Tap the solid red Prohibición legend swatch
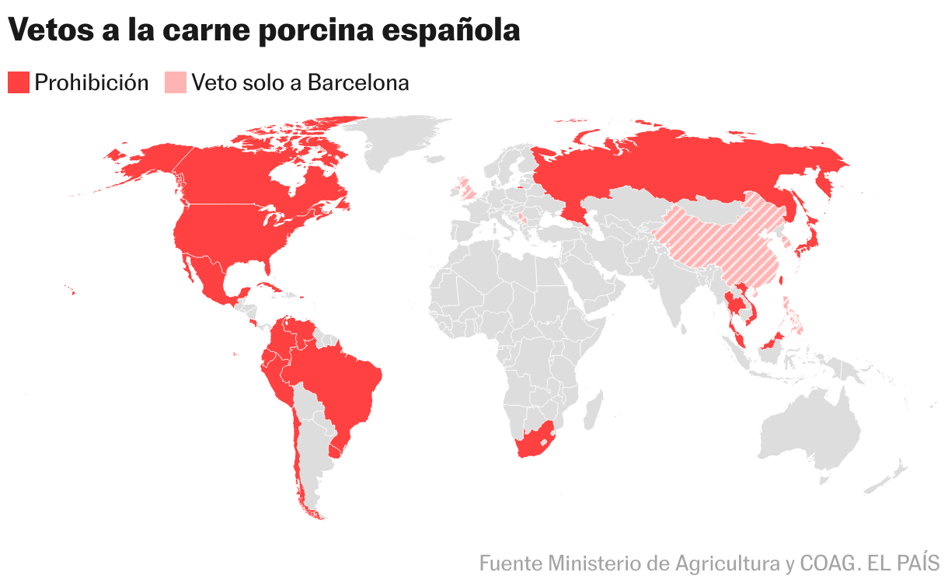[x=19, y=82]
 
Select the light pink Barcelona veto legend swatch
[x=176, y=82]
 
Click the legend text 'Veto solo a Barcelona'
[x=301, y=82]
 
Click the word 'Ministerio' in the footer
[x=589, y=563]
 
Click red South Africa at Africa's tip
[x=532, y=442]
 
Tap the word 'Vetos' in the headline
[x=49, y=30]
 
